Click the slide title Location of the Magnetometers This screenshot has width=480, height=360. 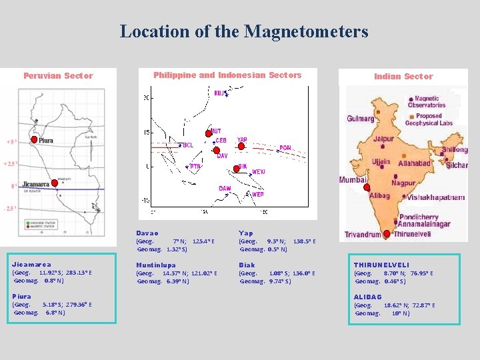tap(243, 31)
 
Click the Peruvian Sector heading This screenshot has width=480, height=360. tap(58, 76)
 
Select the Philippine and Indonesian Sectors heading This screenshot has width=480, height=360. tap(227, 75)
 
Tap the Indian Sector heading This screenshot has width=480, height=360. tap(403, 77)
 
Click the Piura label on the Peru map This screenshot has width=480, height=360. tap(46, 141)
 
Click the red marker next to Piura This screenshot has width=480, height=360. tap(34, 139)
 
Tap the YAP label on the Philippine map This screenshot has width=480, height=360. tap(242, 140)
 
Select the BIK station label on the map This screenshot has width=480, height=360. tap(243, 166)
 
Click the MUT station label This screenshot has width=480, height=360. tap(216, 131)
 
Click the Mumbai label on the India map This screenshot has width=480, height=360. tap(353, 180)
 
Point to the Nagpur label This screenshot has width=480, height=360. tap(403, 183)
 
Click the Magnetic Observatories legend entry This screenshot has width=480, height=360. tap(426, 102)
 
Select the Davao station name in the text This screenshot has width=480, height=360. tap(147, 233)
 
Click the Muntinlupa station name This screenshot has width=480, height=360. tap(156, 265)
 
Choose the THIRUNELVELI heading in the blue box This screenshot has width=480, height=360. tap(381, 265)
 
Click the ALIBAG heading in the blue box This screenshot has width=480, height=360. tap(367, 297)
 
